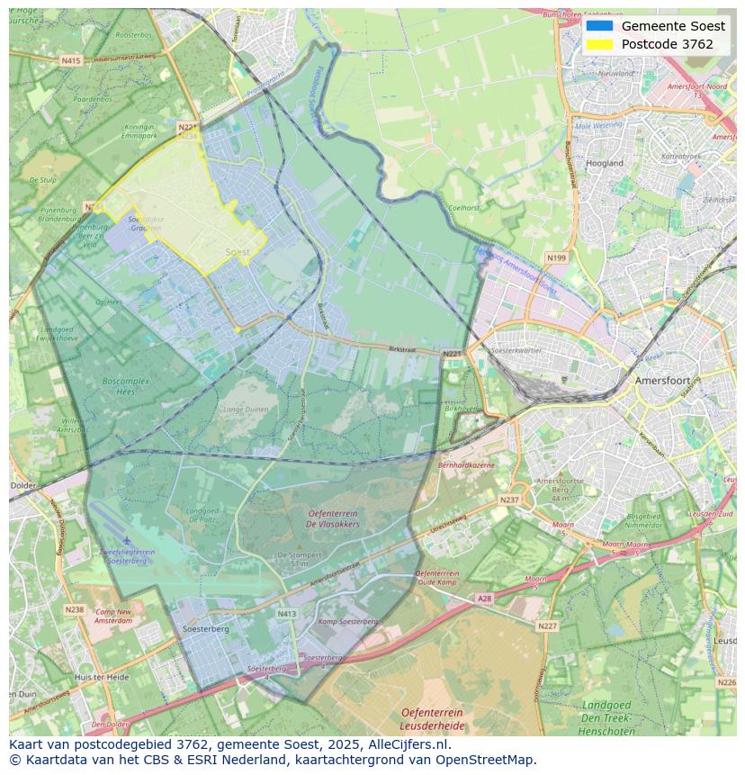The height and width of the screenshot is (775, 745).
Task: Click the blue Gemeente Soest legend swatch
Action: (598, 26)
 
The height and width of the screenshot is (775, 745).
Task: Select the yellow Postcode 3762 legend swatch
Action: (598, 44)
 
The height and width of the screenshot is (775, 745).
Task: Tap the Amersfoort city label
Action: (661, 381)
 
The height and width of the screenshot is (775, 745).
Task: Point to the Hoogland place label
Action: (605, 163)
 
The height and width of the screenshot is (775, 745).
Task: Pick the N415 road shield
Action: (71, 60)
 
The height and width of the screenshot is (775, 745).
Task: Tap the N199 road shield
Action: (556, 258)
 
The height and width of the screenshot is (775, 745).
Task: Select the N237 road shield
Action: (509, 500)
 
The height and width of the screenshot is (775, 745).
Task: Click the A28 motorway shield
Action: (484, 598)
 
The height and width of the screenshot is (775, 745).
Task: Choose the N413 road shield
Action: (286, 615)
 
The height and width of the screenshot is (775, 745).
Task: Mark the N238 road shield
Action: (74, 609)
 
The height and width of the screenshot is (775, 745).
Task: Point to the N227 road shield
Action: (546, 626)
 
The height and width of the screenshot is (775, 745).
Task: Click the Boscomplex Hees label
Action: (126, 386)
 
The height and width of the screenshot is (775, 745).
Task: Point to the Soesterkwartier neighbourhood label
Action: (517, 350)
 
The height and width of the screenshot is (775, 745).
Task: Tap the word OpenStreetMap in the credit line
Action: (486, 760)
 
